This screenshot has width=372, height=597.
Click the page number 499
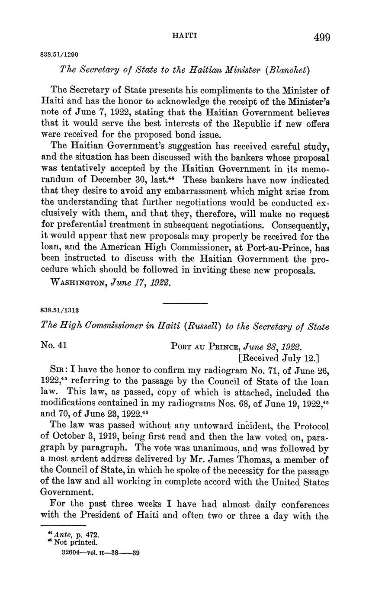[x=322, y=37]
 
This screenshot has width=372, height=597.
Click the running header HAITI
[x=185, y=35]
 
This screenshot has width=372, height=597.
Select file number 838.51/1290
[x=59, y=55]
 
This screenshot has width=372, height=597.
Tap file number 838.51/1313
[x=59, y=310]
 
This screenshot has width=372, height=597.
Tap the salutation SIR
[x=59, y=370]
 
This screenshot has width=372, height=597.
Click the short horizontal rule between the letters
[x=185, y=303]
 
